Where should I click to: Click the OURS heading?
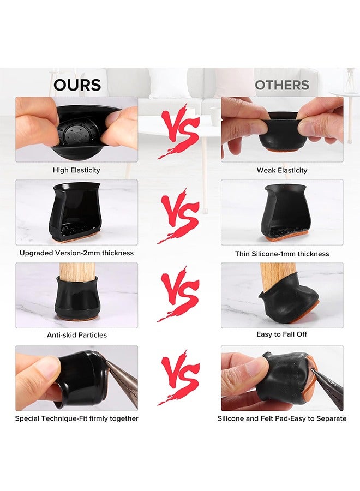click(x=77, y=85)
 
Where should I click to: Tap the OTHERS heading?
click(x=282, y=85)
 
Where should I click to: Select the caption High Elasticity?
click(x=76, y=170)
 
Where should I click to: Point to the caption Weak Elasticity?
click(x=282, y=170)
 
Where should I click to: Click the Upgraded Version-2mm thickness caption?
click(x=76, y=253)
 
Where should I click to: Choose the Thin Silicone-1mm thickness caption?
click(x=282, y=254)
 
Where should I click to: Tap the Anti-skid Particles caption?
click(x=76, y=335)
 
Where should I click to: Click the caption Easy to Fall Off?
click(x=282, y=334)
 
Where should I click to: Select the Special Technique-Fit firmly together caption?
click(x=76, y=418)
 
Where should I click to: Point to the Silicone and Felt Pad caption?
click(x=282, y=418)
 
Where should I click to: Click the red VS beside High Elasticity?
click(x=179, y=131)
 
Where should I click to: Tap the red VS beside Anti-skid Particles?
click(x=179, y=294)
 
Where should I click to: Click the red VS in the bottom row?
click(x=179, y=378)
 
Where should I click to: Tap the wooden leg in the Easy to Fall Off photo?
click(x=278, y=276)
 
